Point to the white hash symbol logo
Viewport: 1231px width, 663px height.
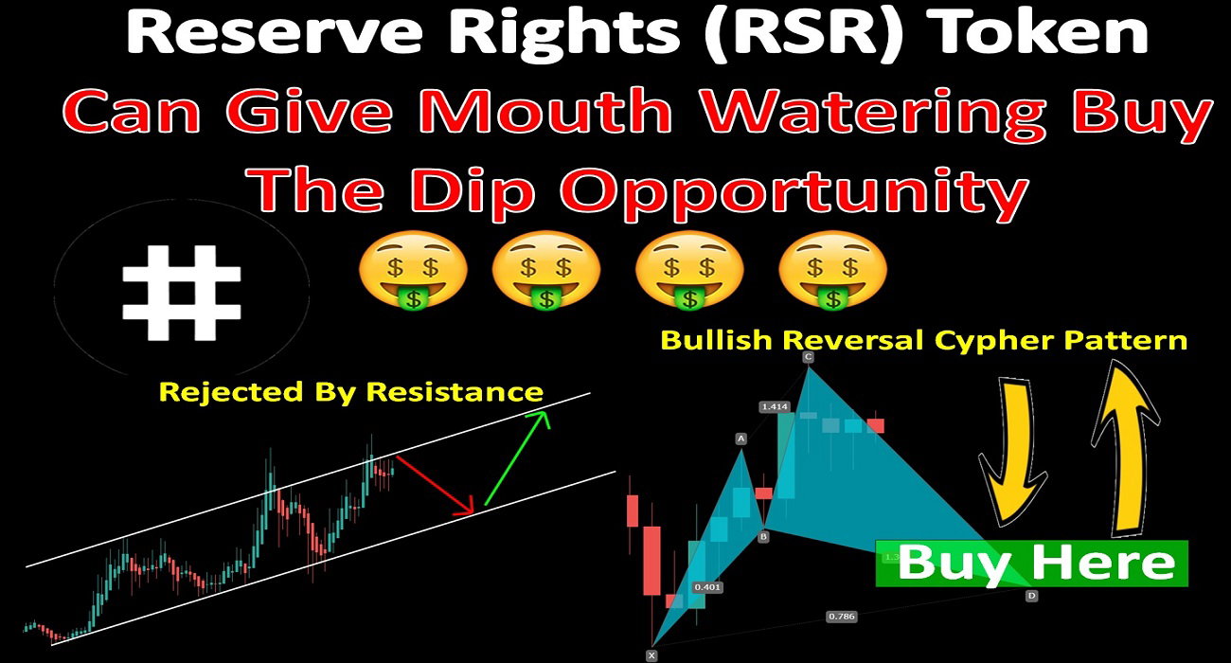tap(182, 292)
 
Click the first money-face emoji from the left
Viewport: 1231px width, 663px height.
tap(413, 269)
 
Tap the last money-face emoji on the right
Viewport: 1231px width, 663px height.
tap(833, 269)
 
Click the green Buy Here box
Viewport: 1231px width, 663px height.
tap(1031, 564)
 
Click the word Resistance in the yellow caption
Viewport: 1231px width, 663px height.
tap(455, 392)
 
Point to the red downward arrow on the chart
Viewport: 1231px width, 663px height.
tap(435, 486)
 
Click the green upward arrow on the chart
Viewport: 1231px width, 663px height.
tap(517, 458)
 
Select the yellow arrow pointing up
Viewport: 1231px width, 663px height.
tap(1124, 448)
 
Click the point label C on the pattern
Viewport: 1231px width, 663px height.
tap(808, 357)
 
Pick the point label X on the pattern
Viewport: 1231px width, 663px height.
tap(651, 655)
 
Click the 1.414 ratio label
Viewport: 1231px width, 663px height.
tap(775, 407)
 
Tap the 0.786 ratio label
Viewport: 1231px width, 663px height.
tap(842, 617)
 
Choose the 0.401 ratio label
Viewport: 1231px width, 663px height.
tap(707, 587)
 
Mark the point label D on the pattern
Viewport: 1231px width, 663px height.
tap(1031, 596)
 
